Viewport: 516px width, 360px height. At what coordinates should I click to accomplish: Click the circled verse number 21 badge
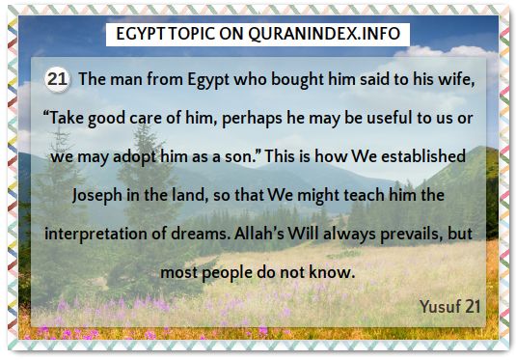click(x=57, y=79)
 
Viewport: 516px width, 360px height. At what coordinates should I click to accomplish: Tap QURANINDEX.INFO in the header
click(x=324, y=34)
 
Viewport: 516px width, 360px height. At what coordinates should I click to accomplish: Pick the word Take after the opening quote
click(x=67, y=118)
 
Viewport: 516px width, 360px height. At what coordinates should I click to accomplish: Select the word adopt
click(x=135, y=157)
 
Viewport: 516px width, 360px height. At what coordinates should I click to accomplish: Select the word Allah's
click(x=259, y=234)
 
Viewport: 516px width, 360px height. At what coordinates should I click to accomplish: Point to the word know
click(x=332, y=272)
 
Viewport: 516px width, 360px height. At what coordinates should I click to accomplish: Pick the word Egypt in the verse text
click(x=208, y=80)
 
